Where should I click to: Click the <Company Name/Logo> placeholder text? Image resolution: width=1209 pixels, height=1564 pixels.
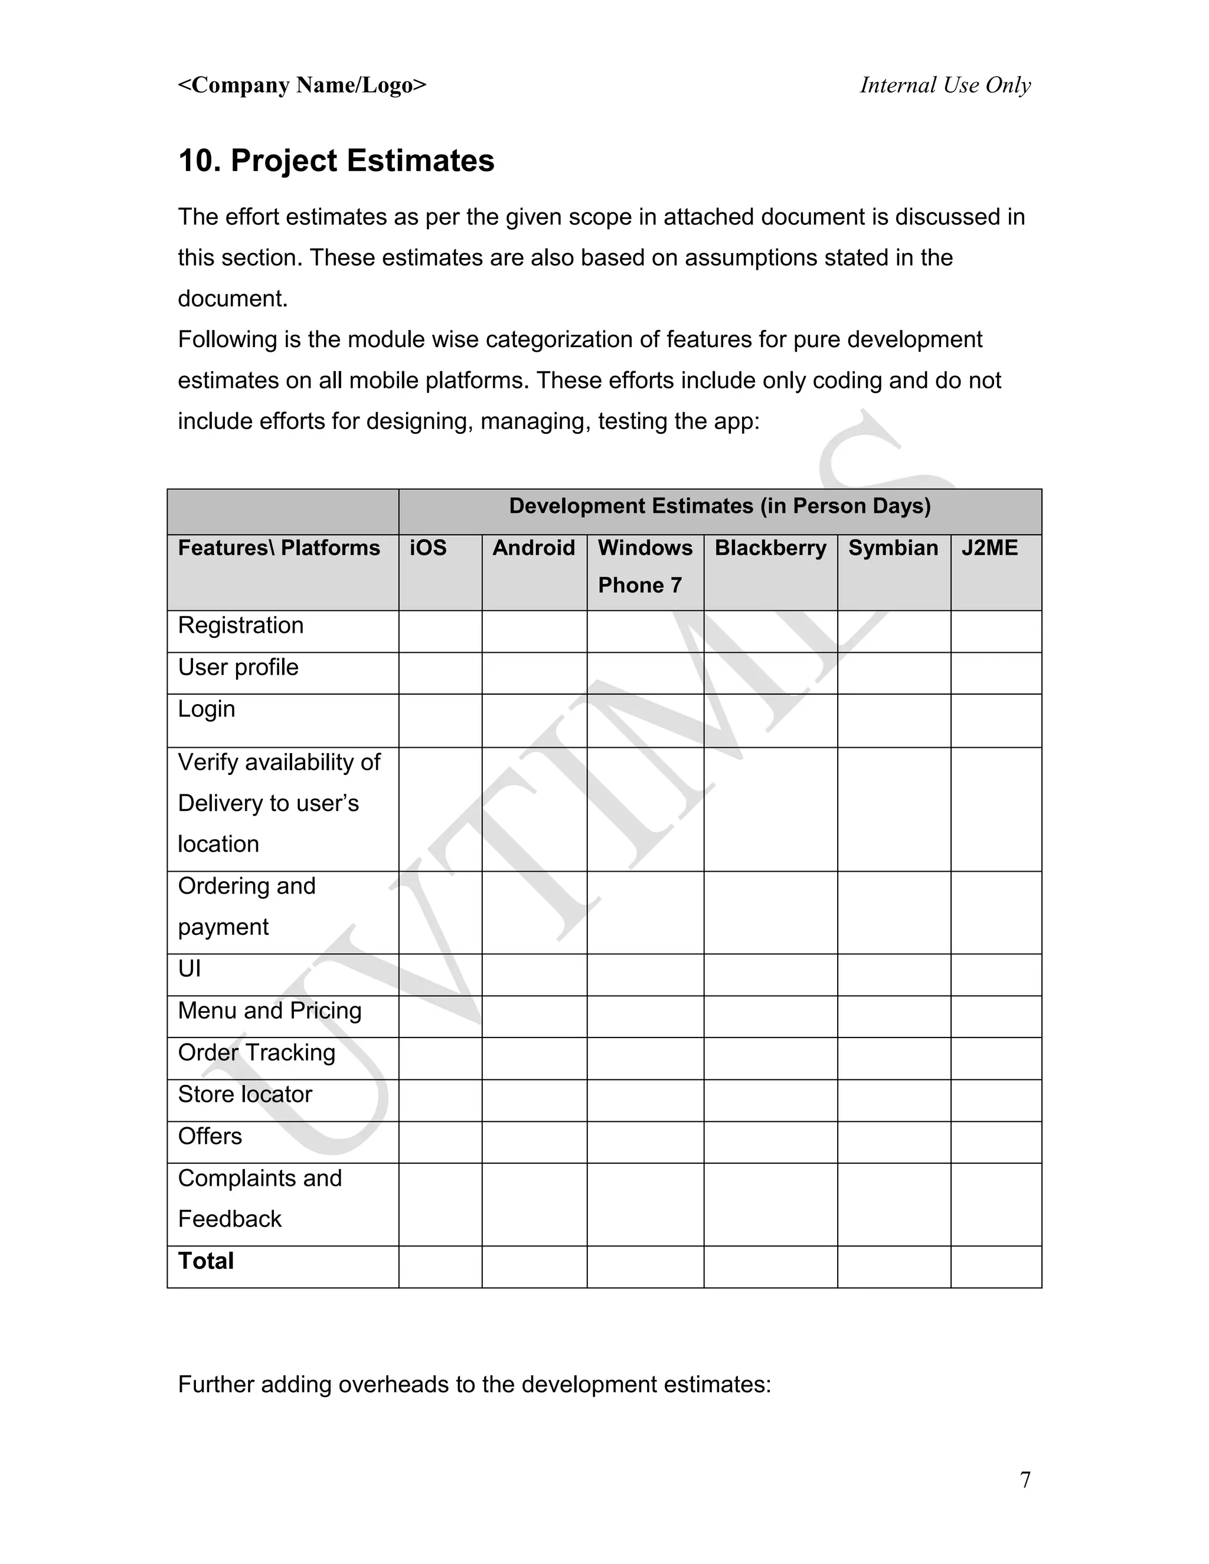click(x=302, y=85)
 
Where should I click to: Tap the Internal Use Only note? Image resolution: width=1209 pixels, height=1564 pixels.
click(x=945, y=85)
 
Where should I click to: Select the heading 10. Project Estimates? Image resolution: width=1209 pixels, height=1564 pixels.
click(x=336, y=161)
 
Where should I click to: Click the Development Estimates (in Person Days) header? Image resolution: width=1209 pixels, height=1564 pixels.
click(x=719, y=506)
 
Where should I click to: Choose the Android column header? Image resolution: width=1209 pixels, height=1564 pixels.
click(x=534, y=548)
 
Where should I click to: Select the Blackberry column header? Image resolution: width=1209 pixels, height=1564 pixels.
click(x=770, y=548)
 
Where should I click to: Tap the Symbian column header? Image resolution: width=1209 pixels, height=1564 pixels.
click(x=893, y=548)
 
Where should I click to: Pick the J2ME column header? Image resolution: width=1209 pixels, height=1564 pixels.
click(x=989, y=548)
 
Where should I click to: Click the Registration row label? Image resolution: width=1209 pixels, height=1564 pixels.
click(x=241, y=625)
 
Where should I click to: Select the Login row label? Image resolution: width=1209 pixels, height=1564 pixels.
click(x=206, y=709)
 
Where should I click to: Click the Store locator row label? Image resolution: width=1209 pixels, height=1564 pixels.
click(x=245, y=1094)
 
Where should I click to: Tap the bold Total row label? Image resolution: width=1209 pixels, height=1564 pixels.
click(x=205, y=1261)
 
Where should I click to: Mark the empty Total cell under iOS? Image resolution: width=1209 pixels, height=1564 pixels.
click(x=440, y=1267)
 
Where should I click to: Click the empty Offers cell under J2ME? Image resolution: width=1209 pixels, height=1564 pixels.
click(x=995, y=1142)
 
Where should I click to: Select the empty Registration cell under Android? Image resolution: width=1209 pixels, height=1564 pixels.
click(x=534, y=631)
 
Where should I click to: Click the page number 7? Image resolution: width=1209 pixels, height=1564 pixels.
click(x=1025, y=1480)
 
